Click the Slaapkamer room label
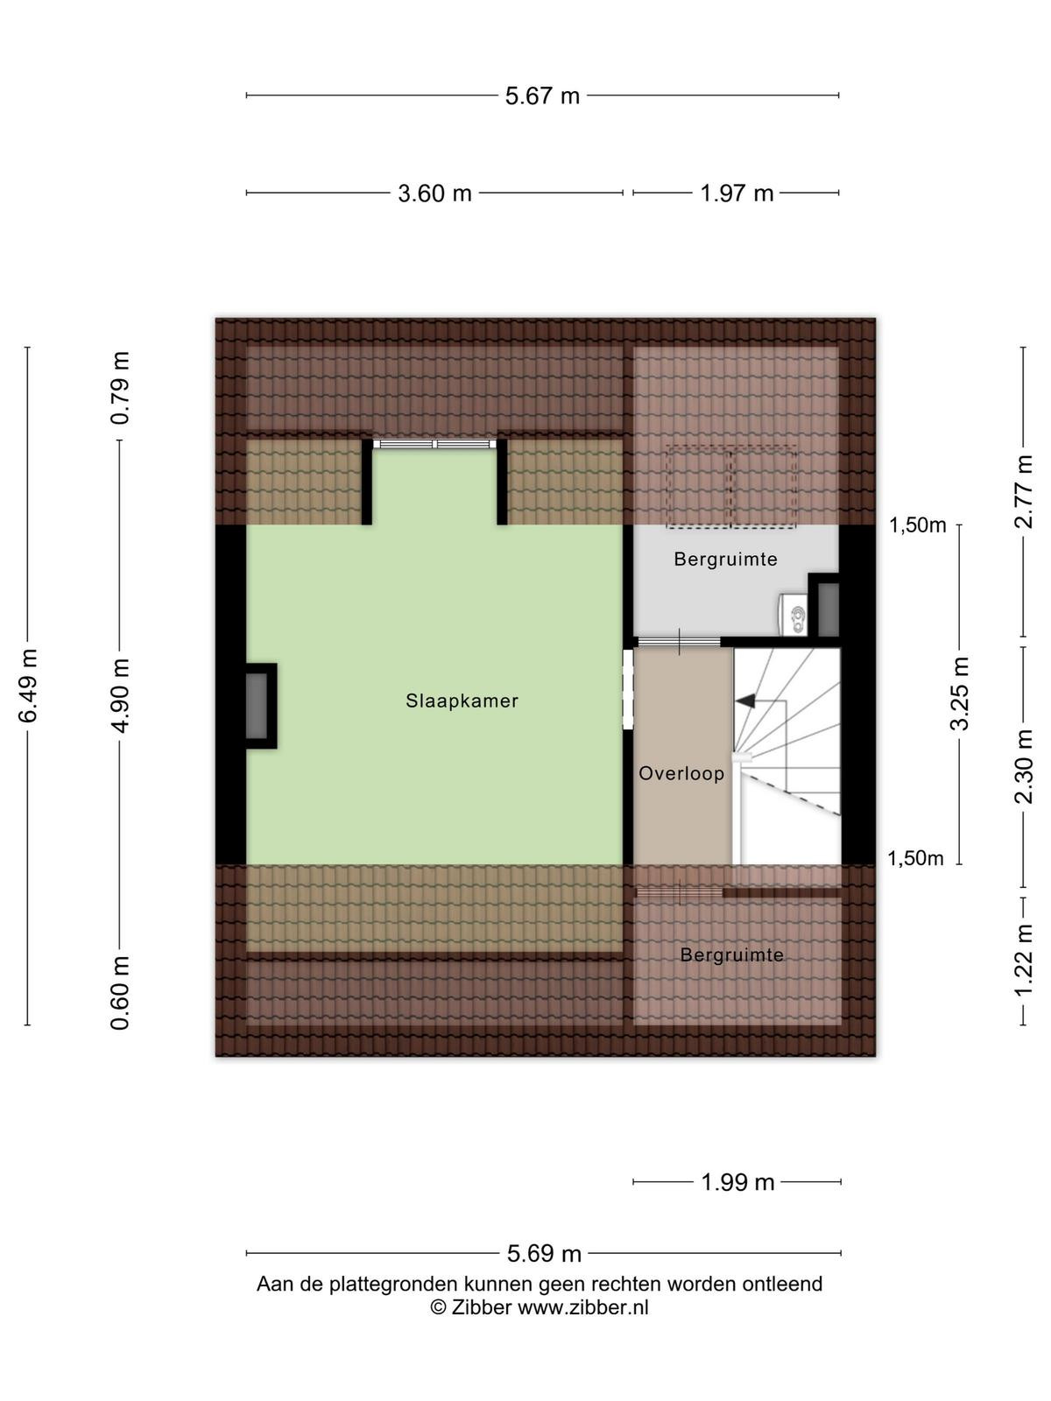pyautogui.click(x=462, y=700)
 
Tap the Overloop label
pyautogui.click(x=681, y=773)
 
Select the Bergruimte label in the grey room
pyautogui.click(x=725, y=560)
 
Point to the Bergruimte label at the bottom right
pyautogui.click(x=731, y=954)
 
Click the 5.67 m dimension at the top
pyautogui.click(x=542, y=96)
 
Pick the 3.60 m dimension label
pyautogui.click(x=434, y=194)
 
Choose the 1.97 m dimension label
pyautogui.click(x=737, y=194)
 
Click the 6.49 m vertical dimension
pyautogui.click(x=29, y=686)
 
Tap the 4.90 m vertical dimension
pyautogui.click(x=121, y=695)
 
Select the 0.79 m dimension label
pyautogui.click(x=121, y=388)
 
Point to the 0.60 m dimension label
pyautogui.click(x=121, y=993)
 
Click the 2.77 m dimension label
pyautogui.click(x=1024, y=491)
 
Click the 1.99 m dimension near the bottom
pyautogui.click(x=737, y=1183)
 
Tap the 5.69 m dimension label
pyautogui.click(x=544, y=1254)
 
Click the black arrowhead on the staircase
pyautogui.click(x=745, y=700)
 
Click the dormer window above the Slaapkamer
pyautogui.click(x=434, y=444)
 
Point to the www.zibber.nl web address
pyautogui.click(x=582, y=1308)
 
